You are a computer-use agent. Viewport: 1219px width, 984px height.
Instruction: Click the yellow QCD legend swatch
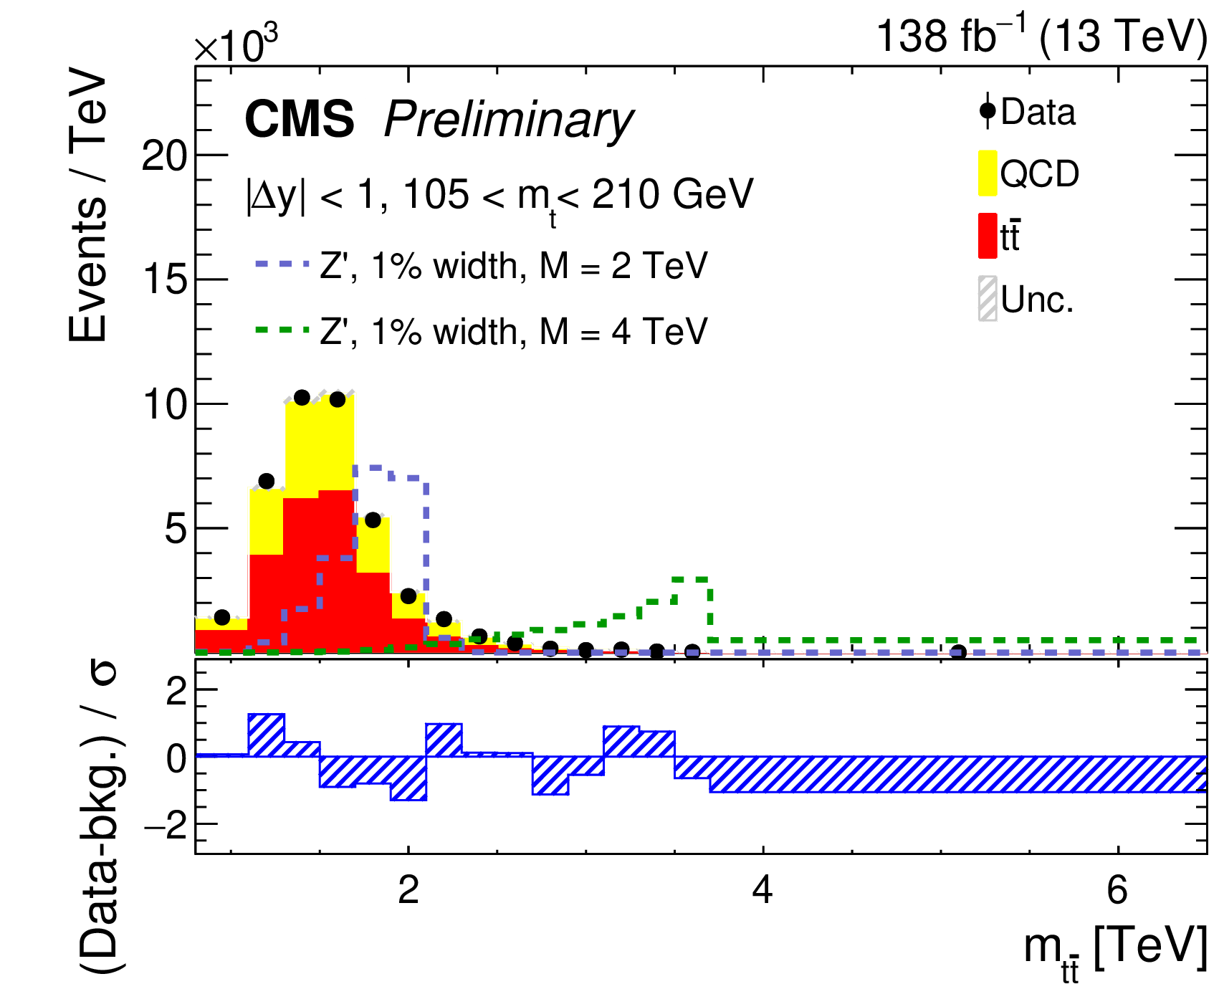(987, 173)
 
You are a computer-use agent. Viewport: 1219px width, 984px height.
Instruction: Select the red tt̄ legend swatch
(987, 235)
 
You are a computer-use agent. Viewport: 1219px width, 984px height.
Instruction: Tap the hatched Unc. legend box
(988, 298)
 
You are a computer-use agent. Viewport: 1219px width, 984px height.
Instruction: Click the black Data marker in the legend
(988, 111)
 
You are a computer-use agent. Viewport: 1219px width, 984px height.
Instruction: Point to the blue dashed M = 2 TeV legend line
(282, 264)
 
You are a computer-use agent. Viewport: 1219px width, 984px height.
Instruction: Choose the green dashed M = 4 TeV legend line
(282, 330)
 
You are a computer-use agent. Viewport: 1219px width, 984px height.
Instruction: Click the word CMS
(299, 118)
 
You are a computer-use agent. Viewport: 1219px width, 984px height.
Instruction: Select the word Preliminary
(508, 120)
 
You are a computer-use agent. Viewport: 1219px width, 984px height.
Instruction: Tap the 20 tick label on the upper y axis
(165, 156)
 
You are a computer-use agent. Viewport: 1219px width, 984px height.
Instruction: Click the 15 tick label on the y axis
(165, 280)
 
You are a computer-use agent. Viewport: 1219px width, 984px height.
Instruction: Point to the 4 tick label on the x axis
(763, 890)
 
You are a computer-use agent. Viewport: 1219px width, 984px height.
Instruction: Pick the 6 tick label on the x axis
(1117, 890)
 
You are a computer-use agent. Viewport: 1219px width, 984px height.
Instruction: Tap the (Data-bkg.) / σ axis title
(100, 817)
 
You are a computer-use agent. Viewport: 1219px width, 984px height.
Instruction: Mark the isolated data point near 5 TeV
(958, 652)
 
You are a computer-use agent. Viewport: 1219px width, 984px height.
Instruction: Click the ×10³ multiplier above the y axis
(236, 44)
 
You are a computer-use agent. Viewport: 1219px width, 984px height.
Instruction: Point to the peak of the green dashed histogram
(691, 578)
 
